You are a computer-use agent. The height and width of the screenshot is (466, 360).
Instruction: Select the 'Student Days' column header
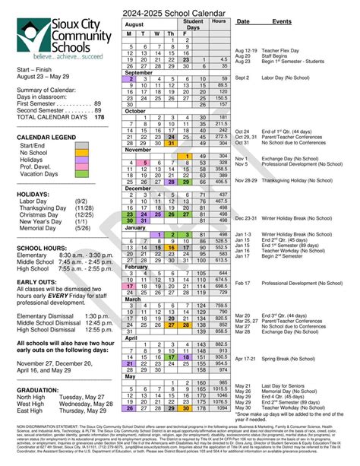pos(193,26)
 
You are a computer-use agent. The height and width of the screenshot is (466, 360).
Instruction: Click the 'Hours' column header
pos(219,22)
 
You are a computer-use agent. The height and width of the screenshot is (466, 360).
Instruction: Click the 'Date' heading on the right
pos(243,22)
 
